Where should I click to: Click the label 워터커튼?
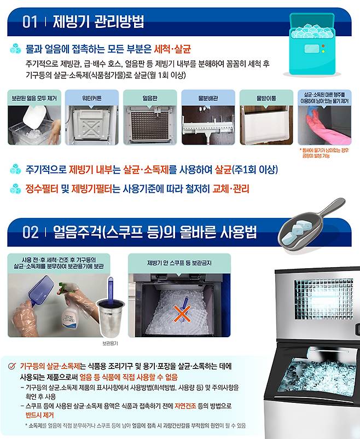point(91,98)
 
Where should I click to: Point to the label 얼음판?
point(150,98)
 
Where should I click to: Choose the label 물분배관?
point(208,98)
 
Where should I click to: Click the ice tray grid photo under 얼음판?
point(149,125)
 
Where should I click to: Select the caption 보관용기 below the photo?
point(111,343)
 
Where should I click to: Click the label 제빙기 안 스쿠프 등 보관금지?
point(179,263)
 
